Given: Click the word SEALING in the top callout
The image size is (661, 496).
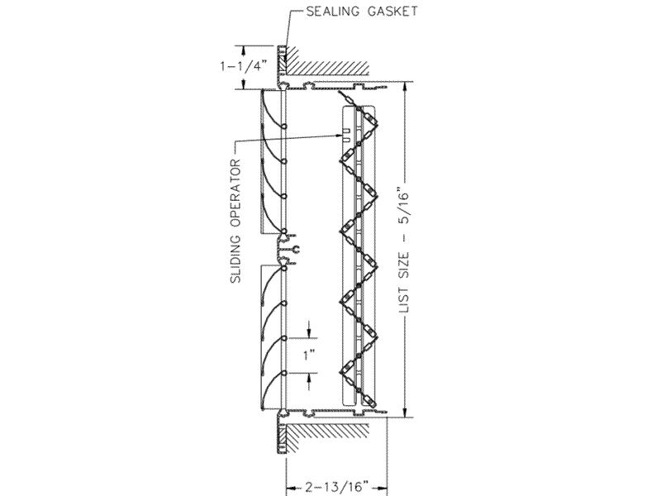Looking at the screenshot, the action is coord(334,12).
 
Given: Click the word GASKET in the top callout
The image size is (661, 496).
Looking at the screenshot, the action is coord(392,12).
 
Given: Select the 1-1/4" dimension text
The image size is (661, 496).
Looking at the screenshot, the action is coord(244,66).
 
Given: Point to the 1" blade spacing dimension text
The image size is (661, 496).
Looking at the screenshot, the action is coord(310,355).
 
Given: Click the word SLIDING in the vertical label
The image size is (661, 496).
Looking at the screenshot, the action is coord(236,258).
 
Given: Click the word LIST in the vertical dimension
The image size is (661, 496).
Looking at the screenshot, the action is coord(404,300).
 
